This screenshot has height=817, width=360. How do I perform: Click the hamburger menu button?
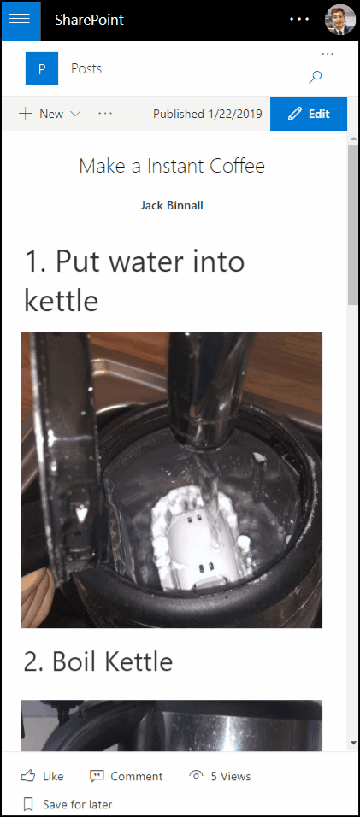20,20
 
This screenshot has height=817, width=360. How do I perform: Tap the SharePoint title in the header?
89,21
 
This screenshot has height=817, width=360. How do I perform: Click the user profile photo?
339,20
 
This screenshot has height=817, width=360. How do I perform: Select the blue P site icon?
42,68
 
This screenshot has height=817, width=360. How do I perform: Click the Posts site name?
86,68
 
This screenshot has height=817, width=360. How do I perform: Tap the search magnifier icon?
316,77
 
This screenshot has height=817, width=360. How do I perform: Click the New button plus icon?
25,114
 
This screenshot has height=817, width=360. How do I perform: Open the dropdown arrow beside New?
75,114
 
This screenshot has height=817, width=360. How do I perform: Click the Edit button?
309,114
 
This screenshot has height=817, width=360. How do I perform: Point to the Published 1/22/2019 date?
207,114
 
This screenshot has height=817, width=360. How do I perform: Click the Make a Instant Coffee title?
172,166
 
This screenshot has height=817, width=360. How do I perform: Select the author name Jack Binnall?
171,205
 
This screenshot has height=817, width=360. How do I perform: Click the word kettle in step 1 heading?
61,300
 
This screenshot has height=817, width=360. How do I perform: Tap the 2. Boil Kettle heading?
98,661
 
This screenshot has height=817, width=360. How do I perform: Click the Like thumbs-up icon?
28,776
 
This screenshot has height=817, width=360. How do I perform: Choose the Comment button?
126,776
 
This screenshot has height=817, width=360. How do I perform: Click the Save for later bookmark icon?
29,804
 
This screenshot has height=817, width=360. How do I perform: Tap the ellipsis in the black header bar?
299,20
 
